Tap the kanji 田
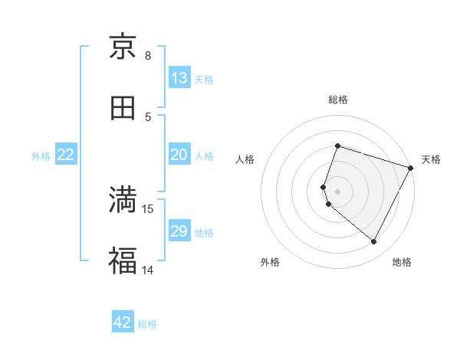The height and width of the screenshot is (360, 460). point(123,108)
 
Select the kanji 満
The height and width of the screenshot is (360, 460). point(123,201)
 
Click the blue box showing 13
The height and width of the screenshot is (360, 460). point(179,77)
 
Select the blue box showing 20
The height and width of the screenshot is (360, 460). point(179,155)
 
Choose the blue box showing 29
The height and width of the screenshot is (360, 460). point(179,231)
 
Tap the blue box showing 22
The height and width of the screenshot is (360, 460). point(66,155)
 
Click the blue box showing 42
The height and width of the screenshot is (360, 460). point(123,322)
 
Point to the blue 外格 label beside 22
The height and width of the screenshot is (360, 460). point(41,155)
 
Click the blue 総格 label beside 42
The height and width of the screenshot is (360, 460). point(147,324)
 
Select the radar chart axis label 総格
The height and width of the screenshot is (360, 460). point(337,100)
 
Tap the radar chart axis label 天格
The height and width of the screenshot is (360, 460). point(431,159)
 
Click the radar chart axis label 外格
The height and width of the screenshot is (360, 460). point(270,262)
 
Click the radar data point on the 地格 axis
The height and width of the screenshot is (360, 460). point(374,242)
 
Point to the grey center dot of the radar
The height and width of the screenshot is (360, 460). point(337,191)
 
